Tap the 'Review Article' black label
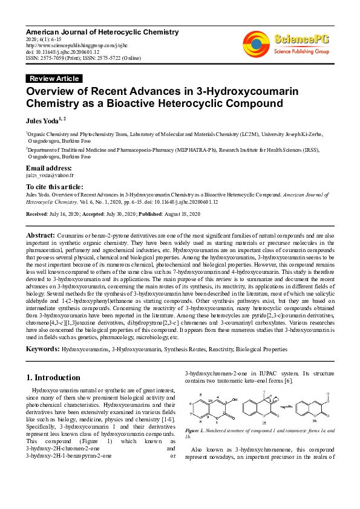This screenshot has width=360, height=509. (x=54, y=79)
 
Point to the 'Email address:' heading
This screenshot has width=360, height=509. (x=49, y=167)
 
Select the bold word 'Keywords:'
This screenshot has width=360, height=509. (x=42, y=350)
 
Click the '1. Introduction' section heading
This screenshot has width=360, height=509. (x=53, y=378)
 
